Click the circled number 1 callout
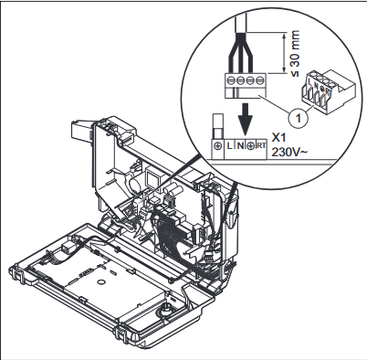pos(299,117)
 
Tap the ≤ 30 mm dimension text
pos(294,53)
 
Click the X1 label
pos(278,138)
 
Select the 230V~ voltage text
pos(289,152)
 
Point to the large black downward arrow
pos(246,119)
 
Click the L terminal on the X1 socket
pos(229,146)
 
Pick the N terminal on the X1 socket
pos(240,146)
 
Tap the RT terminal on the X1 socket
pos(261,146)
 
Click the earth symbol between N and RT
pos(250,146)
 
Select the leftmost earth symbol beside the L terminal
pos(218,146)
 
